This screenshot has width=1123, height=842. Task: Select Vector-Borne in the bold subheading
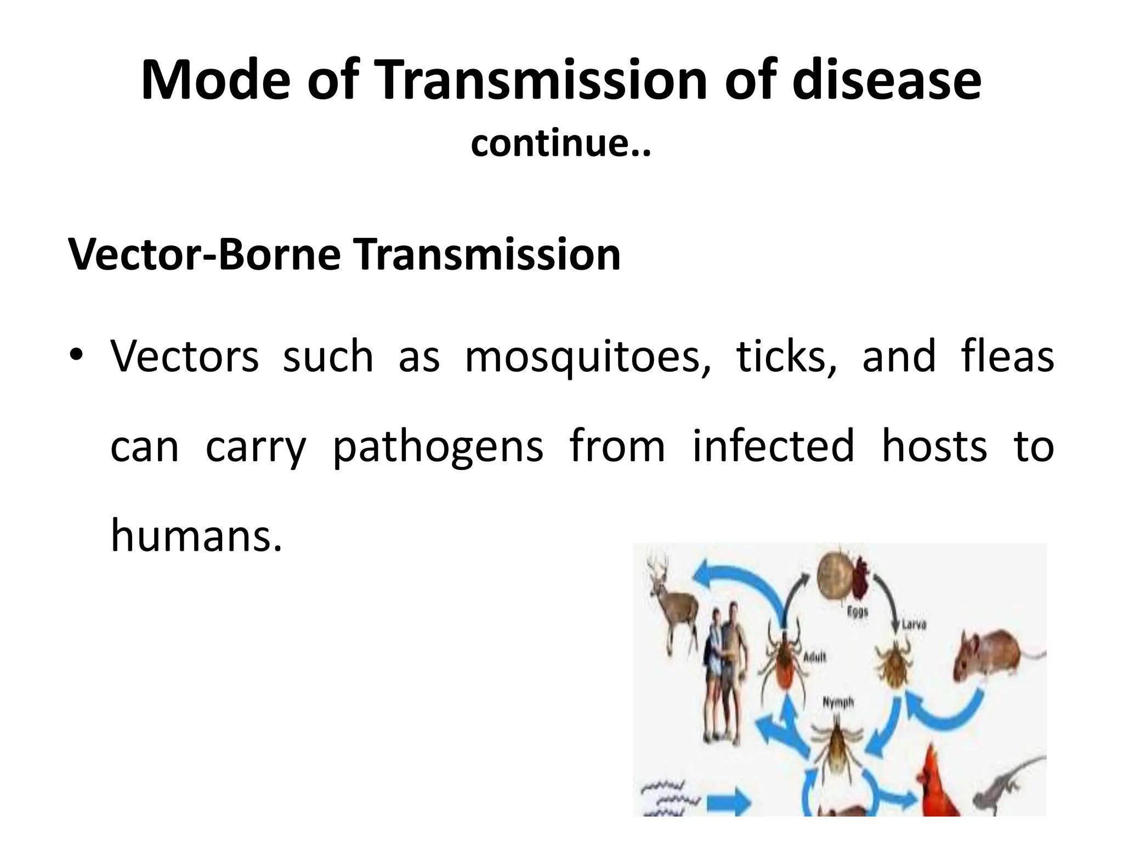click(205, 255)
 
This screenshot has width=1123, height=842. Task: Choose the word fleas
click(1008, 356)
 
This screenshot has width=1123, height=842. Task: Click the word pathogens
click(438, 447)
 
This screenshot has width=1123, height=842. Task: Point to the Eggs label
click(857, 612)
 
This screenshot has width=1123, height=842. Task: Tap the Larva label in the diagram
click(914, 624)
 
